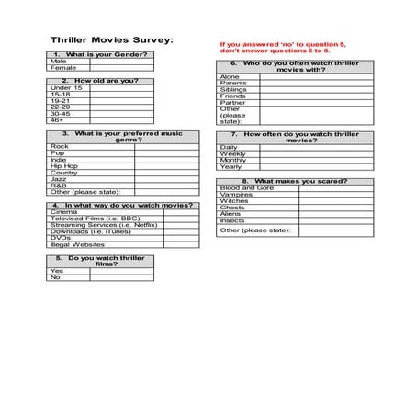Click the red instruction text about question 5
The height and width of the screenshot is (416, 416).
[275, 47]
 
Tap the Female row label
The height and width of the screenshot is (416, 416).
[64, 68]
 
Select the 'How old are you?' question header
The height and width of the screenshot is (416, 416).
[100, 81]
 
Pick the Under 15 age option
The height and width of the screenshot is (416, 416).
[66, 87]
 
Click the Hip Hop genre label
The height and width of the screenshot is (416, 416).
[63, 166]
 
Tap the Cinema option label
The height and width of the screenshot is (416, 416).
[63, 212]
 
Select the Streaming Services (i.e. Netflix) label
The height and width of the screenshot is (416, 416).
[103, 225]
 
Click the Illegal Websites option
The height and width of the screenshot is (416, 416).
[77, 244]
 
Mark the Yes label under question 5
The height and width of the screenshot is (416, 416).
[57, 271]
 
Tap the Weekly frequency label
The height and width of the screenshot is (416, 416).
[233, 153]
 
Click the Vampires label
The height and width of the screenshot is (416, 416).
[237, 195]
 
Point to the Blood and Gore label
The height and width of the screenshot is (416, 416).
[246, 188]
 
